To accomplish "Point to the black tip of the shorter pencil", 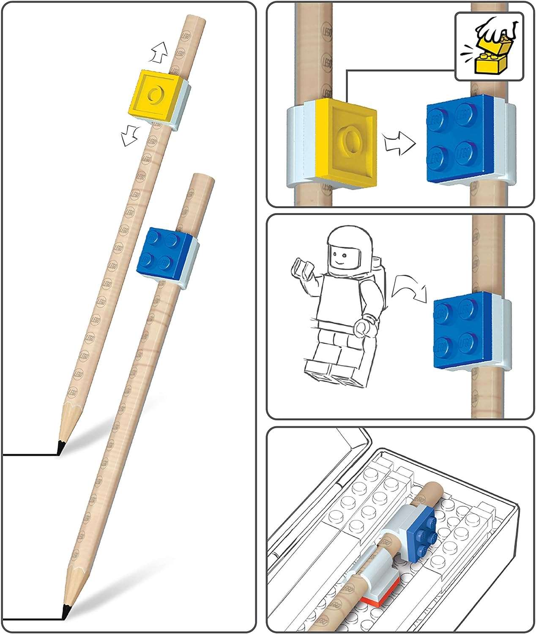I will click(60, 447).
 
